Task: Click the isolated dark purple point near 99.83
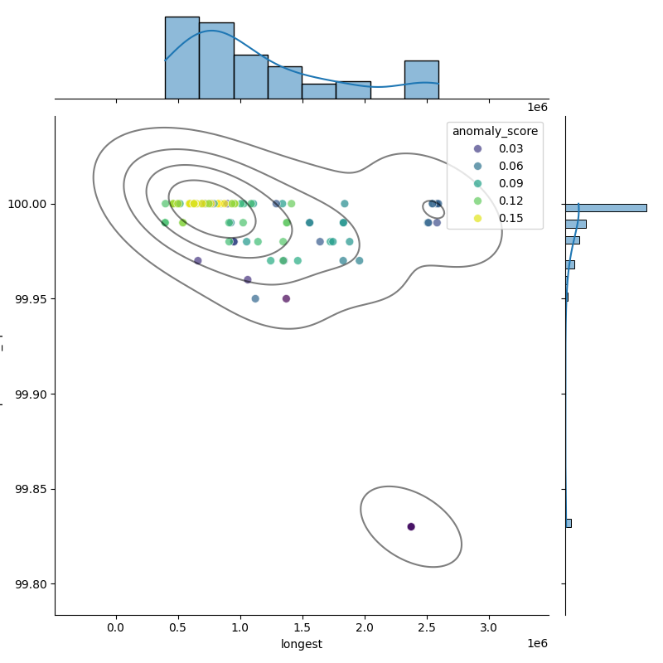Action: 411,526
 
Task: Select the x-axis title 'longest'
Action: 302,644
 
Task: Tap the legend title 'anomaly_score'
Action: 495,131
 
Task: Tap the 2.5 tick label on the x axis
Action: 427,628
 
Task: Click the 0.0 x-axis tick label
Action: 116,628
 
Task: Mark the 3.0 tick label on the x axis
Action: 489,628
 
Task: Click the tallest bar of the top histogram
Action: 181,58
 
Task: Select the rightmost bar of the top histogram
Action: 421,80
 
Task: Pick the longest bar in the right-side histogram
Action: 606,207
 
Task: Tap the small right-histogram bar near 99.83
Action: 569,523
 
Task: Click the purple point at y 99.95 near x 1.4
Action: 286,298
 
